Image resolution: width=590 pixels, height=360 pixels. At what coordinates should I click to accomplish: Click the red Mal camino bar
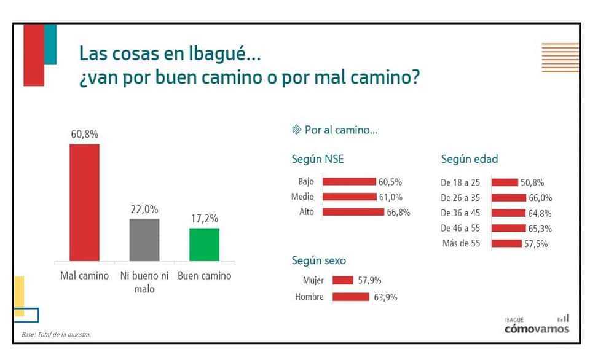point(84,202)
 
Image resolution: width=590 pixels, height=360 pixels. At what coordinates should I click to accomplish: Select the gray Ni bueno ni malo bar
point(144,240)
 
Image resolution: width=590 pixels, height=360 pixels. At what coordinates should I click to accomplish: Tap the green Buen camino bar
point(204,245)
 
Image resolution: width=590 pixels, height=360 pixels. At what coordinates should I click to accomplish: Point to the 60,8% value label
point(84,134)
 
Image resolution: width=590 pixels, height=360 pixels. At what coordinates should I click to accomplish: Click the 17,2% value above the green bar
point(204,219)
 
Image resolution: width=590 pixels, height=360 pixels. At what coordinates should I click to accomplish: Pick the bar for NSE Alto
point(353,212)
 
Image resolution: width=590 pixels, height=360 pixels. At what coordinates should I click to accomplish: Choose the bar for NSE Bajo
point(348,181)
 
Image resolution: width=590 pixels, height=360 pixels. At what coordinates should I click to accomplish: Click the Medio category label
point(302,197)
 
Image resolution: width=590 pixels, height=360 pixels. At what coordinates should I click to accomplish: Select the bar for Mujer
point(342,281)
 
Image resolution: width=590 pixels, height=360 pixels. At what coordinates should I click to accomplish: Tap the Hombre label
point(305,297)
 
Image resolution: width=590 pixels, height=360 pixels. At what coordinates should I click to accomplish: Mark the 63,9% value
point(385,297)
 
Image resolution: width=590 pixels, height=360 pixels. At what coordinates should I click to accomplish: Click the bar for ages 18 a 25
point(505,182)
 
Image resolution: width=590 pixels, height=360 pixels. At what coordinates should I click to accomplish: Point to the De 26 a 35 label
point(460,198)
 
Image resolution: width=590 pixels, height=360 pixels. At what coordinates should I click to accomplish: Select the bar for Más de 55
point(506,243)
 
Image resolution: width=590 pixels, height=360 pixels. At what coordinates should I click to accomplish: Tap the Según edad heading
point(469,159)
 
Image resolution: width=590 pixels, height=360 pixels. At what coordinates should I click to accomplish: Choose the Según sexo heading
point(318,260)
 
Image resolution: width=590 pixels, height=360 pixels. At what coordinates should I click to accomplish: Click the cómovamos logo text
point(537,328)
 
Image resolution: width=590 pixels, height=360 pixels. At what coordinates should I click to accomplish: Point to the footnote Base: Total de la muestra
point(56,335)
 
